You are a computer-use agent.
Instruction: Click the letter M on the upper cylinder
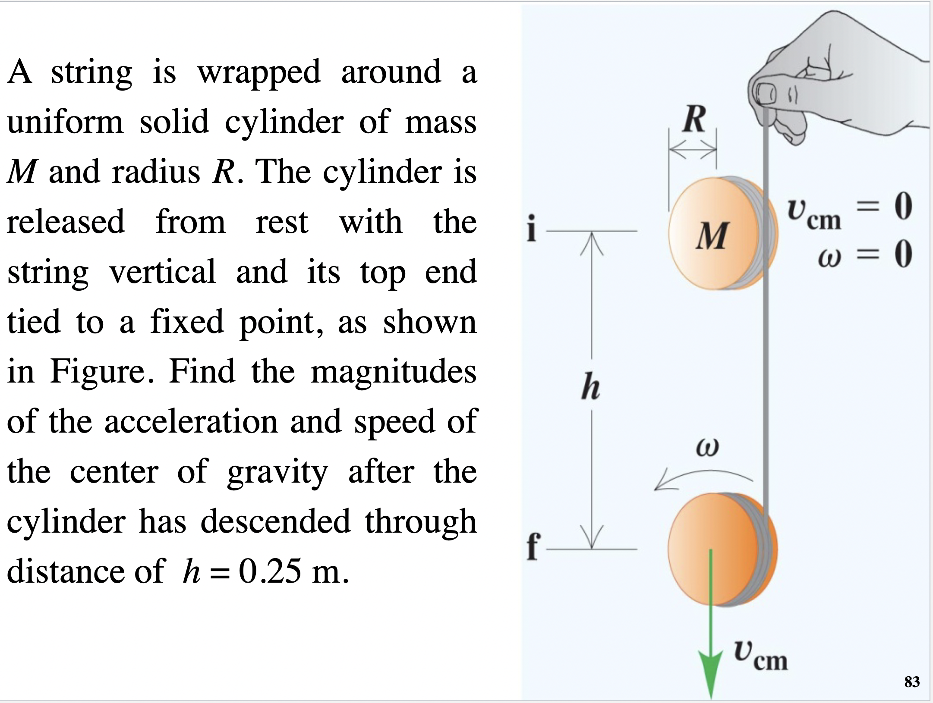[712, 236]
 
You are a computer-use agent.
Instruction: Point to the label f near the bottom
[533, 546]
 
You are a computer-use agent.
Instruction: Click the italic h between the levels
[590, 387]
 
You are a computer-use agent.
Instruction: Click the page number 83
[911, 681]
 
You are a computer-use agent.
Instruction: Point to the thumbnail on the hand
[766, 92]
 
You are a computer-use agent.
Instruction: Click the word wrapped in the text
[259, 72]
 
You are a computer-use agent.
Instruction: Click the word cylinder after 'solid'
[284, 122]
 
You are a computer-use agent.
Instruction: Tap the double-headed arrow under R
[693, 150]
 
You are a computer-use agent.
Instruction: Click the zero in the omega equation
[903, 254]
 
